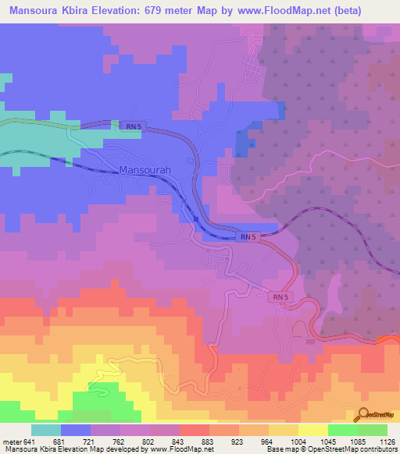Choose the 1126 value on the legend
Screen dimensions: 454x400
click(387, 442)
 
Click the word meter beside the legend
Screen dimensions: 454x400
click(11, 442)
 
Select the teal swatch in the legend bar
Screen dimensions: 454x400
click(46, 430)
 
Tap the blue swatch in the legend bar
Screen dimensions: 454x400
click(76, 430)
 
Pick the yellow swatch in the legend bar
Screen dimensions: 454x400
click(312, 430)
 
